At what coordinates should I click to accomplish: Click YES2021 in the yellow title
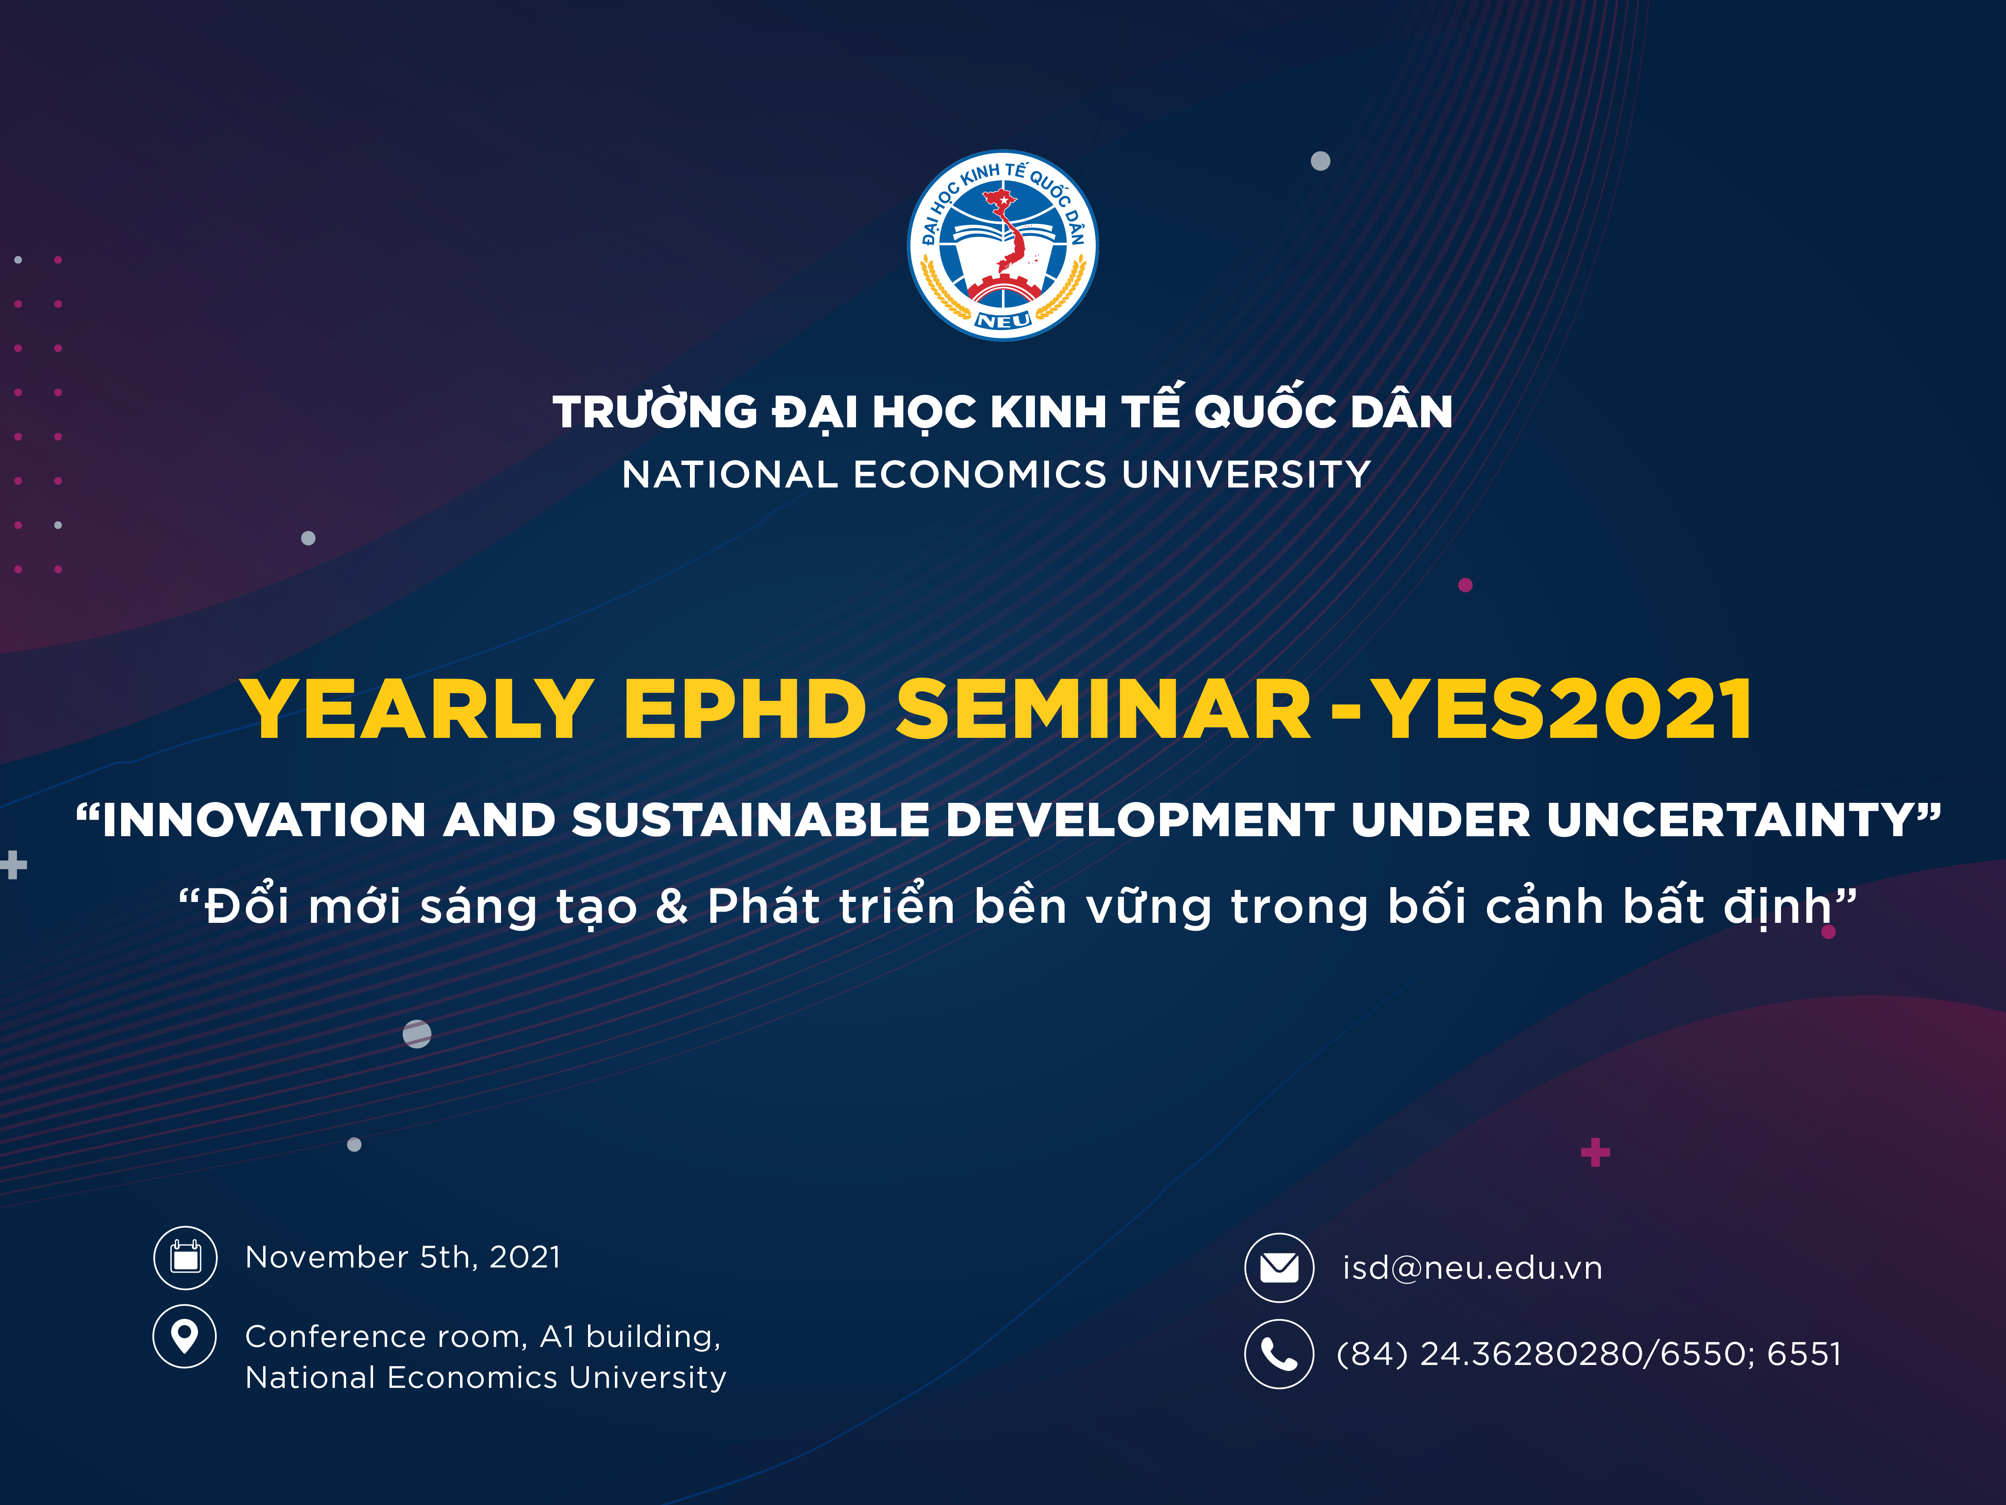coord(1560,709)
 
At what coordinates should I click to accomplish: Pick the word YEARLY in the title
coord(417,709)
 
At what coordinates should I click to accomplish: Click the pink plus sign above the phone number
coord(1595,1152)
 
